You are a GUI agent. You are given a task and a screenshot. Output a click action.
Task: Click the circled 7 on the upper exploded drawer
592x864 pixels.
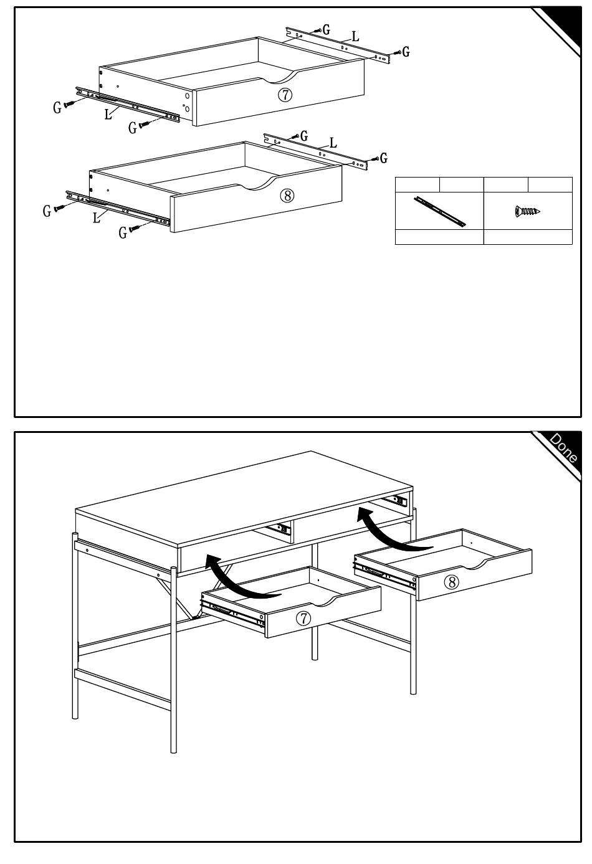point(284,95)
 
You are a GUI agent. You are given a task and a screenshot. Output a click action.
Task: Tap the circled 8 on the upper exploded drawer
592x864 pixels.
point(287,195)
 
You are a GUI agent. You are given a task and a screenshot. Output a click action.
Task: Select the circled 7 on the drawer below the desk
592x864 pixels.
point(303,618)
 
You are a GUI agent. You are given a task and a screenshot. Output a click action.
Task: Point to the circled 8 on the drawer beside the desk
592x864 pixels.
point(451,582)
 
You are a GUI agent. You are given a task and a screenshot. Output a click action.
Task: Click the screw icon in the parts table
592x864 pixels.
point(527,211)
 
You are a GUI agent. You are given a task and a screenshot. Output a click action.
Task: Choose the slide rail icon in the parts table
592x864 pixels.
point(439,211)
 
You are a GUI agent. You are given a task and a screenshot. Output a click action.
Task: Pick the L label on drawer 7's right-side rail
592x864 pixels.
point(355,37)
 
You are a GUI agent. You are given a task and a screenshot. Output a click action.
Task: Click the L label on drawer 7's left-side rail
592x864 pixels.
point(108,114)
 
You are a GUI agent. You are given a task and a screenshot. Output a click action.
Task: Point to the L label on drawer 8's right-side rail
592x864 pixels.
point(333,143)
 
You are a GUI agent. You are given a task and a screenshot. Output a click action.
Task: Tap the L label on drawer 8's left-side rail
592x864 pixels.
point(97,218)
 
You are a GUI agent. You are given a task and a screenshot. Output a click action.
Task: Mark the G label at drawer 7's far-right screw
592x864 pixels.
point(406,52)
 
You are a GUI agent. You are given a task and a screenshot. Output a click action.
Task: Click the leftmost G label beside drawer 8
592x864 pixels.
point(47,212)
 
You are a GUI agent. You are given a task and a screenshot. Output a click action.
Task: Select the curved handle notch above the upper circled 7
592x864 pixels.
point(279,77)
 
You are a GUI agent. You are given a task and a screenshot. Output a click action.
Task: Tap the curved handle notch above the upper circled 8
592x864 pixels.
point(257,182)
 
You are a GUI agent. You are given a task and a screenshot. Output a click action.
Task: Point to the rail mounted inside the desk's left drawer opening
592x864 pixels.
point(282,529)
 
